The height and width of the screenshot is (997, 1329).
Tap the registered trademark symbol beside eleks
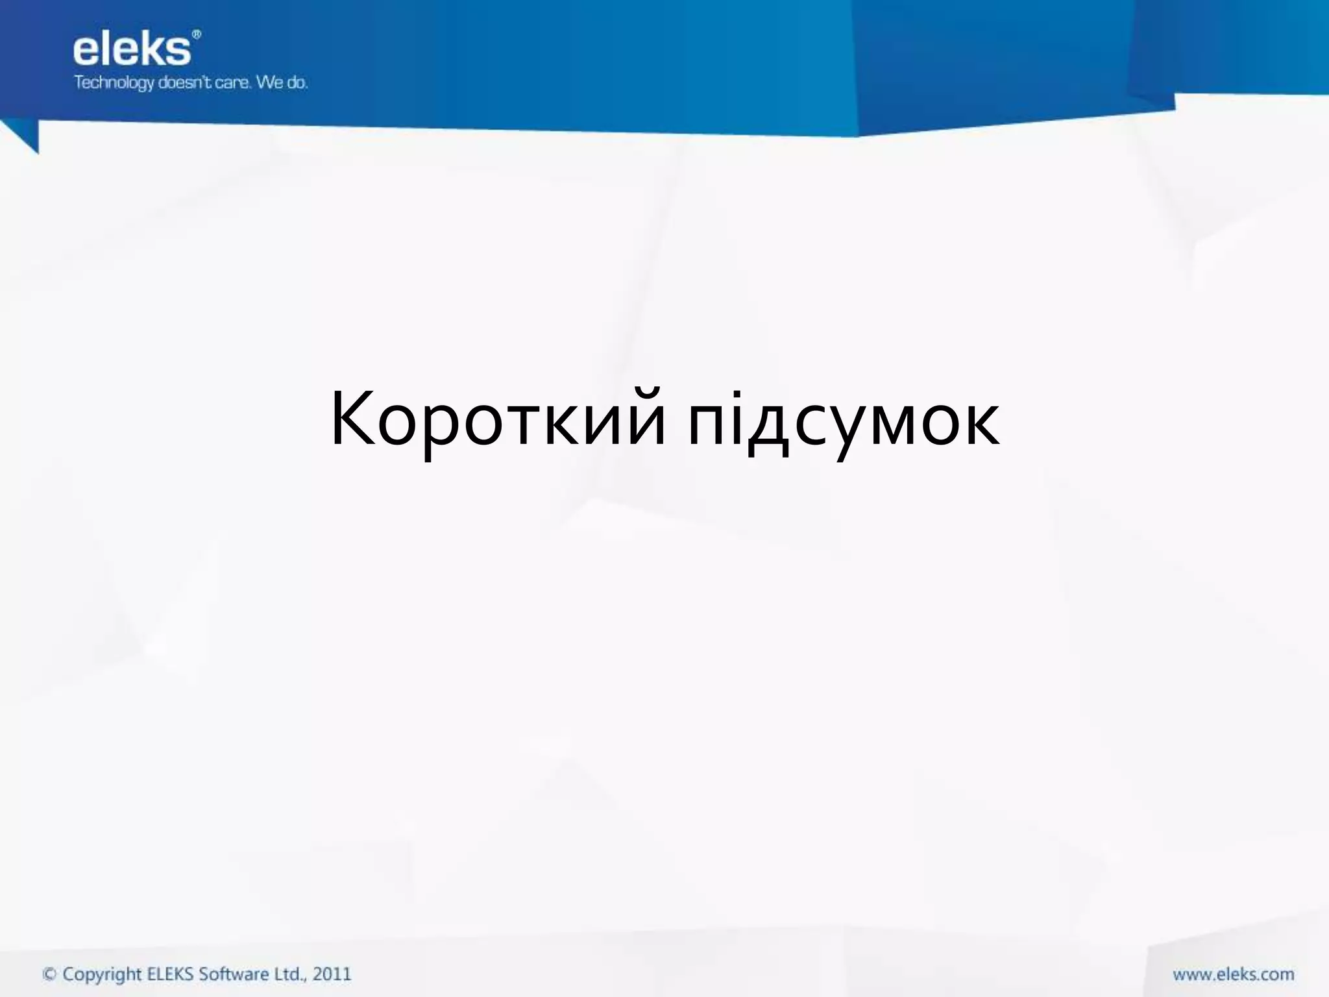[197, 34]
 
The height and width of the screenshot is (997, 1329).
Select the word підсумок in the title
[844, 422]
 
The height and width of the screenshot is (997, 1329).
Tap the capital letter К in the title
[354, 419]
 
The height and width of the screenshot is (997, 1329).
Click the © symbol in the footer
[49, 974]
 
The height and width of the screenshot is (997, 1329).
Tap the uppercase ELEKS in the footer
[171, 974]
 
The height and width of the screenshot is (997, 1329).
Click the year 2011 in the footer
[332, 974]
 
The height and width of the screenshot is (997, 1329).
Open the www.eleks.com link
[1233, 974]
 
